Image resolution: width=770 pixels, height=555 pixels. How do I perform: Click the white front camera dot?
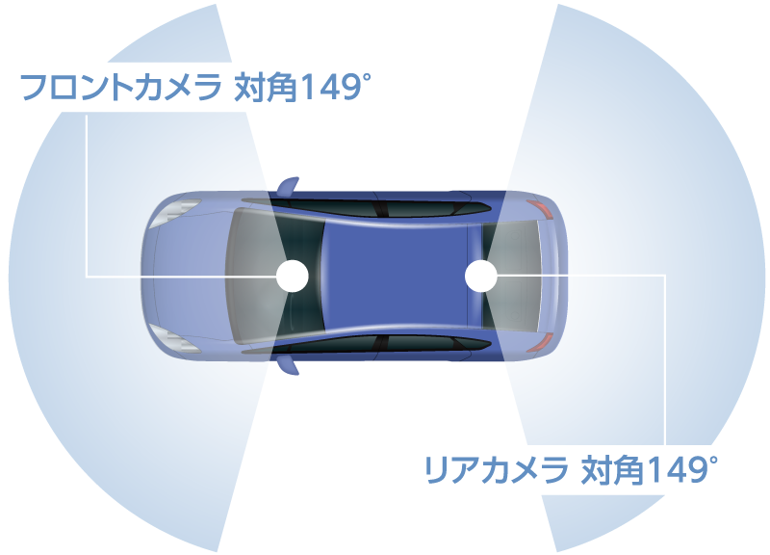click(293, 277)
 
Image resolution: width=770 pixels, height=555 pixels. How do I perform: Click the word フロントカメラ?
click(116, 90)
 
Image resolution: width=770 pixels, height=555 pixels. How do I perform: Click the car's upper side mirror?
click(286, 184)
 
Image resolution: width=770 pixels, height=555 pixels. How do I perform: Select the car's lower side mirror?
click(286, 366)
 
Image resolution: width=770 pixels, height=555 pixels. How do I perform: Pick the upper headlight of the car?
click(183, 208)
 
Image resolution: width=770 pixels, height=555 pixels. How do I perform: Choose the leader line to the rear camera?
click(665, 366)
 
